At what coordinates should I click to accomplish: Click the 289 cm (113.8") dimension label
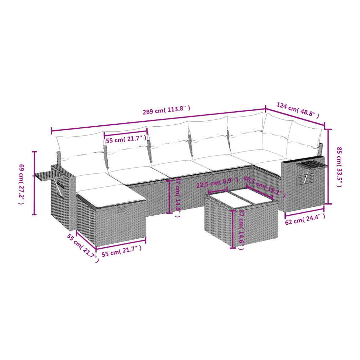pyautogui.click(x=167, y=110)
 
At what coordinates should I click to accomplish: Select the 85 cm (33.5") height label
pyautogui.click(x=339, y=167)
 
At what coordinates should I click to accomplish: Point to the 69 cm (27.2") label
pyautogui.click(x=21, y=184)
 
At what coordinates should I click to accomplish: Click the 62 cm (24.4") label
pyautogui.click(x=305, y=219)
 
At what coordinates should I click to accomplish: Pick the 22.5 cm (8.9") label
pyautogui.click(x=217, y=183)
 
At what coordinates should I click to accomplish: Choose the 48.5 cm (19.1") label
pyautogui.click(x=264, y=187)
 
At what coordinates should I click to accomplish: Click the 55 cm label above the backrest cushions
pyautogui.click(x=126, y=139)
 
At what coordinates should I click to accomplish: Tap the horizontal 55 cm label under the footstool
pyautogui.click(x=122, y=251)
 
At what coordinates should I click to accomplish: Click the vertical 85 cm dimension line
pyautogui.click(x=329, y=167)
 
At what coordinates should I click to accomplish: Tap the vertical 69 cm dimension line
pyautogui.click(x=34, y=183)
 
